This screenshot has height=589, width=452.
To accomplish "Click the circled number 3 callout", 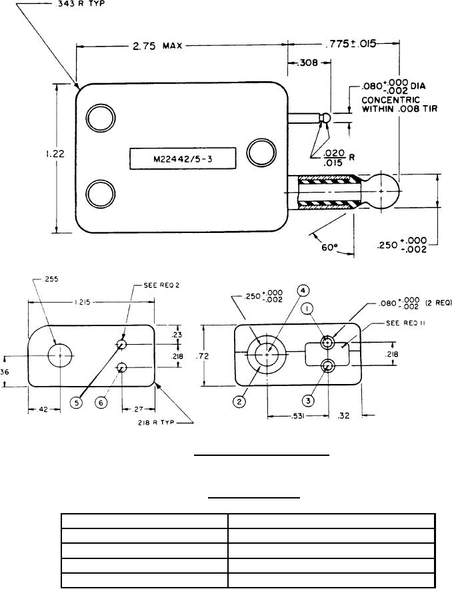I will click(x=308, y=401).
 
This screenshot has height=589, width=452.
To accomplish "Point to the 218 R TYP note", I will click(x=161, y=421).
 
